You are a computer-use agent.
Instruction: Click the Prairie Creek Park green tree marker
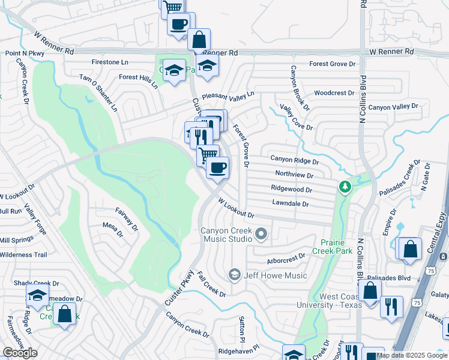(x=345, y=188)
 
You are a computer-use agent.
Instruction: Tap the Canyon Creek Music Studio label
(x=226, y=235)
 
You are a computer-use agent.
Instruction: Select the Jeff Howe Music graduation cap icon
(x=234, y=275)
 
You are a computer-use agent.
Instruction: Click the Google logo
(x=20, y=353)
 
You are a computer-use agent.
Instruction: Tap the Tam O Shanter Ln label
(x=100, y=93)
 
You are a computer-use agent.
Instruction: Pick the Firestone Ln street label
(x=110, y=62)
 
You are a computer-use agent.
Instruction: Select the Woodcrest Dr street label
(x=334, y=93)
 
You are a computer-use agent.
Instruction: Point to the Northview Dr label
(x=294, y=175)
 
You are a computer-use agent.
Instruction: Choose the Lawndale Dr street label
(x=290, y=204)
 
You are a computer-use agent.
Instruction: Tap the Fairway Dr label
(x=127, y=220)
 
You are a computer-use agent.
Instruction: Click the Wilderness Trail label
(x=23, y=255)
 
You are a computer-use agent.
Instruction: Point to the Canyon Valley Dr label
(x=393, y=107)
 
